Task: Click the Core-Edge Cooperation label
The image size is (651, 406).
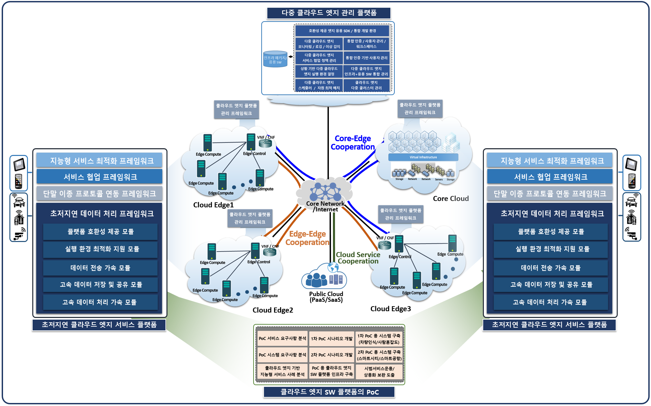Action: [x=352, y=143]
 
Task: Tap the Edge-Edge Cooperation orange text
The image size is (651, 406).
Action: [x=307, y=238]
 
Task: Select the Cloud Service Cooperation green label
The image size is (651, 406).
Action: [x=358, y=258]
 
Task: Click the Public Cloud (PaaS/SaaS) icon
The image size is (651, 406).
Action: [x=324, y=277]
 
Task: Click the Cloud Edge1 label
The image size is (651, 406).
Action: [x=213, y=205]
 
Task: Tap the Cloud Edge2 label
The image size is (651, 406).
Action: [x=273, y=310]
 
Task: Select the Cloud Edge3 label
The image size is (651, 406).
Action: [x=390, y=309]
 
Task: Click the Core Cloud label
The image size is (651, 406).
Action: [x=451, y=199]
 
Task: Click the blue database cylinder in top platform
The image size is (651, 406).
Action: [x=275, y=59]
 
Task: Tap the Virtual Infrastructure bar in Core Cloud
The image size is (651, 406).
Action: [x=423, y=157]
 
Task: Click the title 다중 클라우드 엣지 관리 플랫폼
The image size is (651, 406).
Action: [x=329, y=13]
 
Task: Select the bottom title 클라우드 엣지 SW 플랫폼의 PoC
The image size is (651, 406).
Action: [x=329, y=392]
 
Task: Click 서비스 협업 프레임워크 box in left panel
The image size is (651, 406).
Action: [x=100, y=177]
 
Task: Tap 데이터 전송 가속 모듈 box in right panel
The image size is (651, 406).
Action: [x=550, y=268]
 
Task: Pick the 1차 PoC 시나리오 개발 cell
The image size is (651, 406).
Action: [x=332, y=339]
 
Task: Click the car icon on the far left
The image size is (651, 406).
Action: [x=19, y=202]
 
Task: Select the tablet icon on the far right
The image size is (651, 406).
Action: [x=631, y=165]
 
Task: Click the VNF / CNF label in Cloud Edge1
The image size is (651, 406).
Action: [x=266, y=137]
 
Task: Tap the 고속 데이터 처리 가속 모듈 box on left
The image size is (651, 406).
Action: [x=100, y=302]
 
